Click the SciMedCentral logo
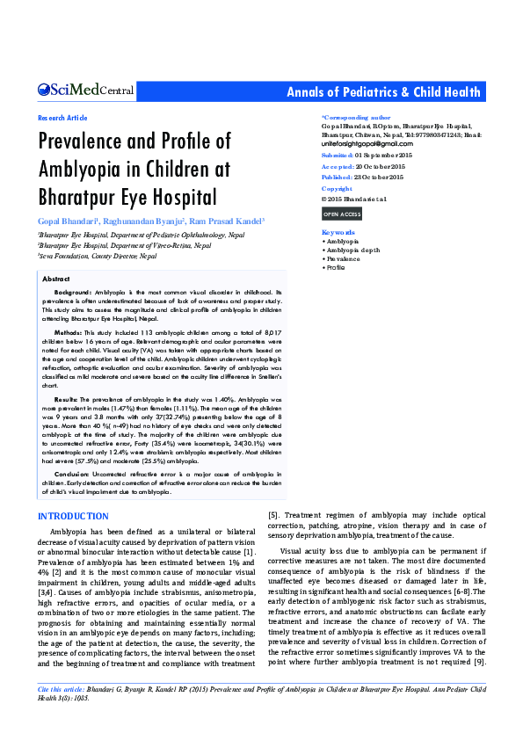pos(85,90)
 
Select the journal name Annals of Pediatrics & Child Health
pos(384,92)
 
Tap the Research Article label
pos(62,118)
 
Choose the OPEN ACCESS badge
pos(341,214)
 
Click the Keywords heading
pos(338,232)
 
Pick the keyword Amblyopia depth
pos(352,250)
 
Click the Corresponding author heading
pos(356,117)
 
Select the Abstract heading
pos(56,279)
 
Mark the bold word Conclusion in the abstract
pos(73,473)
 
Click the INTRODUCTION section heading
pos(73,516)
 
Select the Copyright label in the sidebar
pos(337,189)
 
